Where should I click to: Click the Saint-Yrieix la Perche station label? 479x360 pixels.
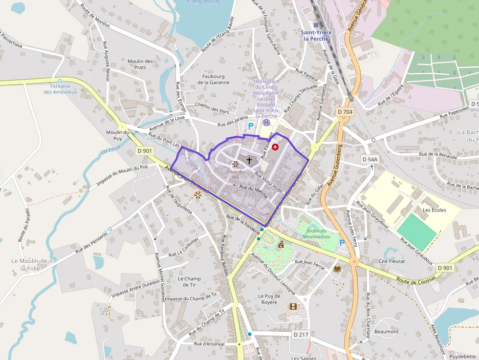pos(316,35)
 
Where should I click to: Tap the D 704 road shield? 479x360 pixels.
pos(345,112)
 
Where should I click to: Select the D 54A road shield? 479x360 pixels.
pos(370,159)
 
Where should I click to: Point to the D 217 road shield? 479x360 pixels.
pos(301,335)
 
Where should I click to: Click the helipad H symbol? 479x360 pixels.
pos(266,123)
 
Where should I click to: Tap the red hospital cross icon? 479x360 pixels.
pos(275,147)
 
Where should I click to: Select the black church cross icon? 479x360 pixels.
pos(249,160)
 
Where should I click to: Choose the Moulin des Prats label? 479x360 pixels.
pos(140,64)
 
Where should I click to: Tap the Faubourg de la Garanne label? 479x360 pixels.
pos(214,79)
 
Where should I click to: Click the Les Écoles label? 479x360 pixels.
pos(435,210)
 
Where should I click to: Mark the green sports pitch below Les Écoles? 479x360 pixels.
pos(416,231)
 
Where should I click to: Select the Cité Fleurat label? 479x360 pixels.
pos(392,261)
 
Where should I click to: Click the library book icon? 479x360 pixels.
pos(337,269)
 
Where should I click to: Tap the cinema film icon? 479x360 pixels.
pos(293,306)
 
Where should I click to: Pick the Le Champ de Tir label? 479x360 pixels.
pos(189,282)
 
